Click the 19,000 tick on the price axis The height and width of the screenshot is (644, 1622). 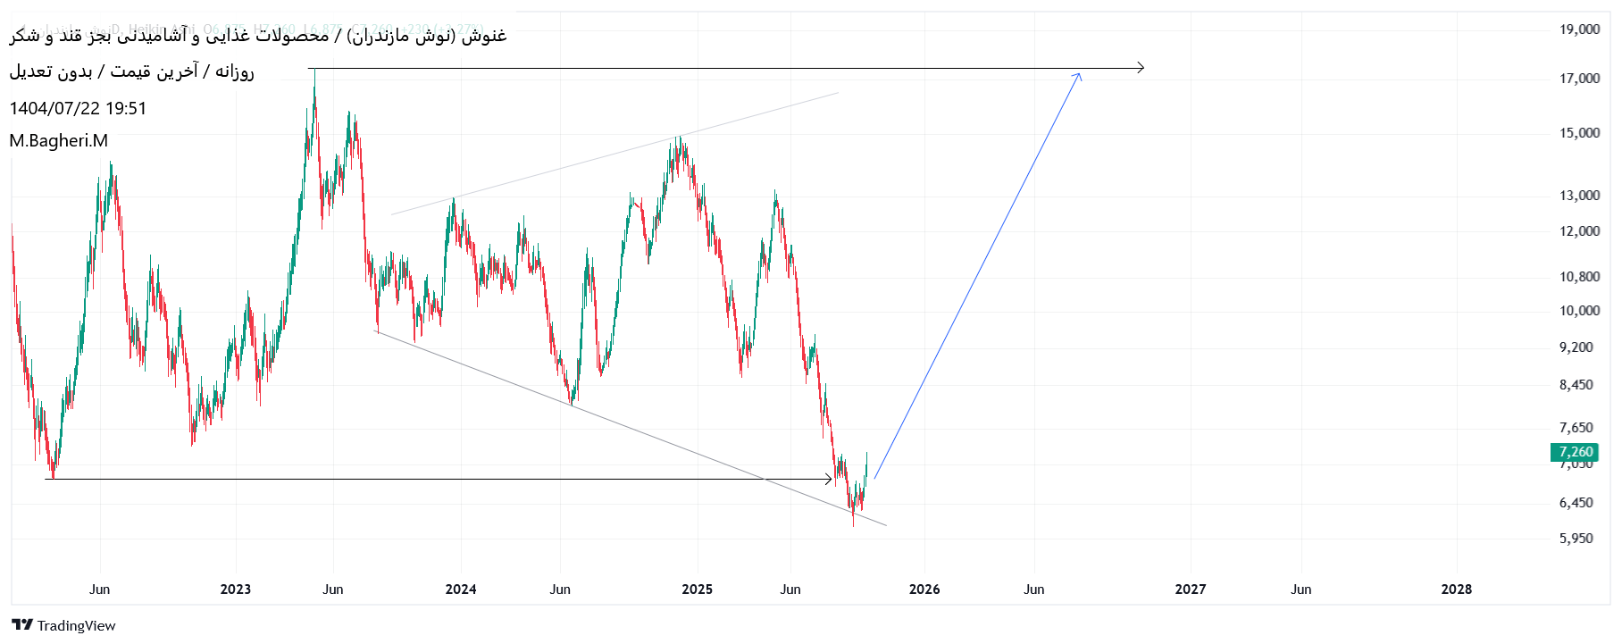click(x=1579, y=29)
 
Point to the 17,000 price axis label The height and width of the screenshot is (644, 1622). click(x=1579, y=79)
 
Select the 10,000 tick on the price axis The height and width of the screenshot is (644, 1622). click(x=1579, y=311)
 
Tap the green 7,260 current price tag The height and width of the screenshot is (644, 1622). click(x=1575, y=452)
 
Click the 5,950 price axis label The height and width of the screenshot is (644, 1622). click(x=1576, y=539)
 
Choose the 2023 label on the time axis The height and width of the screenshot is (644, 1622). click(x=236, y=590)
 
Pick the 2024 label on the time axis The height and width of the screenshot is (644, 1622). click(x=461, y=590)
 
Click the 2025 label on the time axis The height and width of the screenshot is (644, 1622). click(x=698, y=590)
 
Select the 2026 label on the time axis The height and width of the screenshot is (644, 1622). click(x=924, y=590)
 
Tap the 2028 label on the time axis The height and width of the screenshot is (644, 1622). click(x=1457, y=590)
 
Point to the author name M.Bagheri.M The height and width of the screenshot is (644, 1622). click(x=59, y=141)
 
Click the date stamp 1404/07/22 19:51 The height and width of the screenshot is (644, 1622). click(x=78, y=109)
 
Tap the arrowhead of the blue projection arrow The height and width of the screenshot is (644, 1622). click(x=1079, y=75)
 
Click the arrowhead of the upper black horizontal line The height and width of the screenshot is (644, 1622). click(x=1141, y=68)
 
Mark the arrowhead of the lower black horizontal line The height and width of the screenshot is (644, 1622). click(x=830, y=480)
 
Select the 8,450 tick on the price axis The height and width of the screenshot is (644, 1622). click(x=1576, y=385)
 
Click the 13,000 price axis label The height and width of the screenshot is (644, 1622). click(x=1579, y=196)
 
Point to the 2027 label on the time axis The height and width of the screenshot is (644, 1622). click(x=1191, y=590)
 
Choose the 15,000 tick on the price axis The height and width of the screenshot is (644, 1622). click(x=1579, y=133)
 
